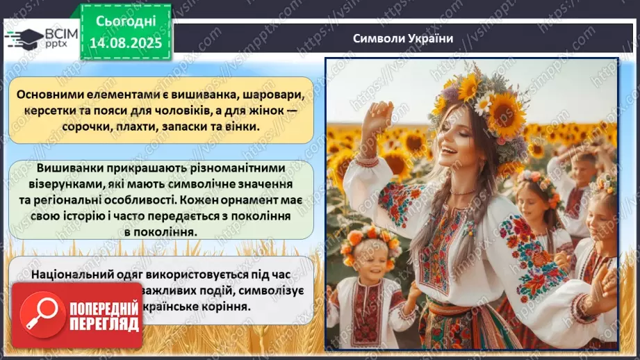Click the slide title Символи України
(403, 38)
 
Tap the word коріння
(240, 306)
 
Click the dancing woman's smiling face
(459, 149)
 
